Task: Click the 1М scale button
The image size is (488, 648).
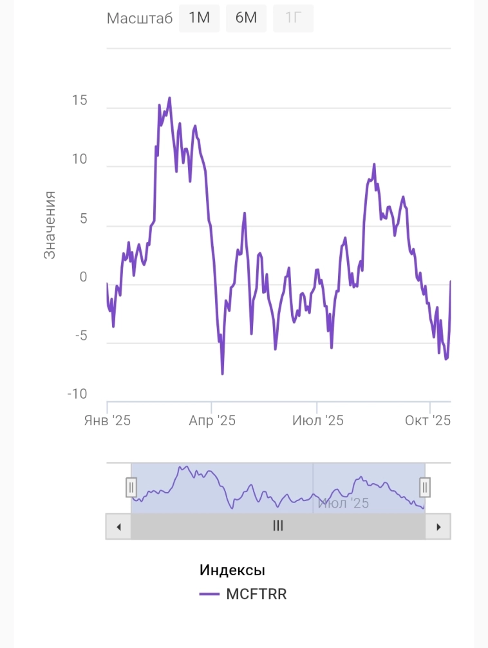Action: (x=199, y=18)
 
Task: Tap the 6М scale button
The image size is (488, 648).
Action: (x=246, y=18)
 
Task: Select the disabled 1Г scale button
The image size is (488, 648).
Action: (x=293, y=18)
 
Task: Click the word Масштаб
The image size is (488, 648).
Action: (x=140, y=19)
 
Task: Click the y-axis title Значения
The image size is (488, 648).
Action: (x=50, y=225)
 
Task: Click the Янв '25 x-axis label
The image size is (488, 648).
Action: (x=108, y=421)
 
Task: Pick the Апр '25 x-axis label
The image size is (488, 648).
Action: (x=212, y=421)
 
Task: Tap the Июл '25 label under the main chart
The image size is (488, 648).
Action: (x=317, y=421)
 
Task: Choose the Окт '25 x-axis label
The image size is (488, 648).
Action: (x=427, y=421)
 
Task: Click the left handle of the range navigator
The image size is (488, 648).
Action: (x=131, y=488)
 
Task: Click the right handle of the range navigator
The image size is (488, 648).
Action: (x=425, y=488)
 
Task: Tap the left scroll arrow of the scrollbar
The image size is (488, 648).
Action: (x=118, y=527)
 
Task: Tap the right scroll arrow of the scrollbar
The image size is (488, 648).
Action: (x=438, y=527)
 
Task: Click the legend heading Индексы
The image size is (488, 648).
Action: (x=232, y=570)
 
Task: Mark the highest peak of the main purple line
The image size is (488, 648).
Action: (x=169, y=98)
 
